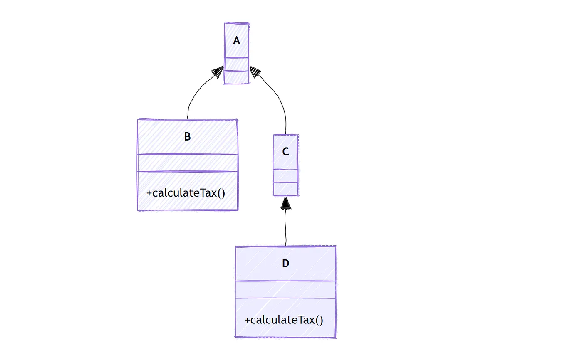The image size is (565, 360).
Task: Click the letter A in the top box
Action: [x=236, y=41]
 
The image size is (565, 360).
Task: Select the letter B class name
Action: [x=187, y=137]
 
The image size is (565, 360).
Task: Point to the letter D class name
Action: [x=285, y=264]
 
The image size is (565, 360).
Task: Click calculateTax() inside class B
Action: [x=186, y=193]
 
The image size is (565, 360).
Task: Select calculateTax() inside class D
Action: [x=284, y=320]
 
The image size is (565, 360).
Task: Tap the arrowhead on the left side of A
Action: [x=217, y=72]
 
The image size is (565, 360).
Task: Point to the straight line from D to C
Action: [x=286, y=229]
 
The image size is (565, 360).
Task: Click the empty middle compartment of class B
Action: [x=187, y=163]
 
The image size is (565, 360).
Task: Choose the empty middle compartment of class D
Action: [x=285, y=290]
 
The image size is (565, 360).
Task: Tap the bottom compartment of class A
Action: [x=236, y=77]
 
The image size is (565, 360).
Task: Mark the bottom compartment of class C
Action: [x=285, y=189]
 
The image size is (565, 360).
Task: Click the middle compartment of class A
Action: [x=236, y=64]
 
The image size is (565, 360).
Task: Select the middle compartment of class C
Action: [x=285, y=176]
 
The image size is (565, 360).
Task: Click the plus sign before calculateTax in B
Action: [x=149, y=194]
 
